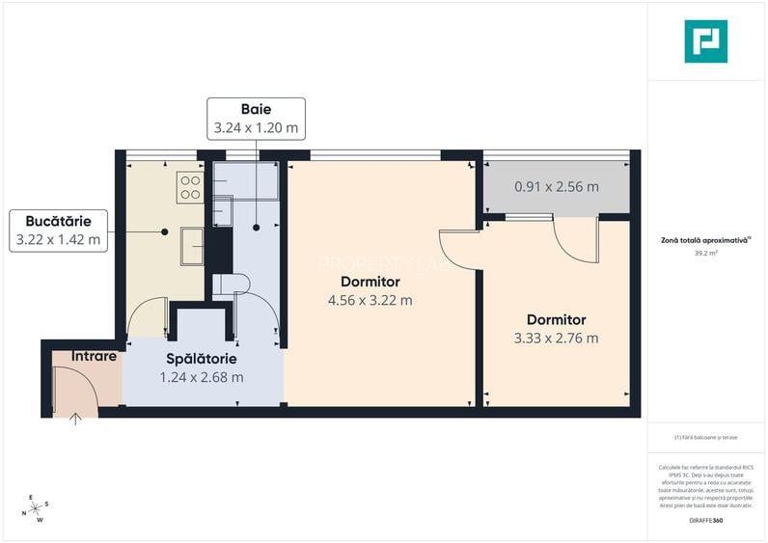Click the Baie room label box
pyautogui.click(x=256, y=118)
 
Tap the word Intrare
pyautogui.click(x=94, y=356)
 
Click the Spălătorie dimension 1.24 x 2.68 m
pyautogui.click(x=203, y=377)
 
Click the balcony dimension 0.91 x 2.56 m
pyautogui.click(x=556, y=187)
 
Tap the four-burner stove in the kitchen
pyautogui.click(x=190, y=187)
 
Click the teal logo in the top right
pyautogui.click(x=705, y=41)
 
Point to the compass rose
pyautogui.click(x=36, y=509)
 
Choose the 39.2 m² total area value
pyautogui.click(x=705, y=254)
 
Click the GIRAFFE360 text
pyautogui.click(x=705, y=521)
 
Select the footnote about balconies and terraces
pyautogui.click(x=705, y=437)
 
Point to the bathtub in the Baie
pyautogui.click(x=245, y=179)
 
